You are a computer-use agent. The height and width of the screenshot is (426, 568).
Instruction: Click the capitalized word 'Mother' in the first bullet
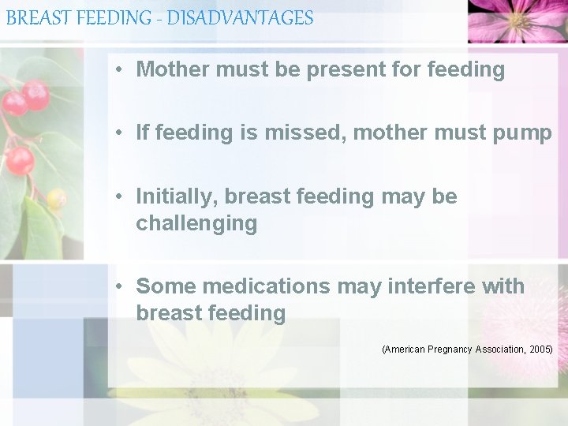pos(173,69)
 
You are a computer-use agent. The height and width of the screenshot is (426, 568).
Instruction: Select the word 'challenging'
pos(196,224)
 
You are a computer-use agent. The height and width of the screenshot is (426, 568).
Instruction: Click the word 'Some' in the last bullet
pos(165,286)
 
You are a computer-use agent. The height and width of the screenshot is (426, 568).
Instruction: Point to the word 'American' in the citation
pos(405,349)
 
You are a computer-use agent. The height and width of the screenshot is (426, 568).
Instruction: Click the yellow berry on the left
pos(56,198)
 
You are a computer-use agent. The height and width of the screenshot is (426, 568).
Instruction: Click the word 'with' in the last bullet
pos(503,286)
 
